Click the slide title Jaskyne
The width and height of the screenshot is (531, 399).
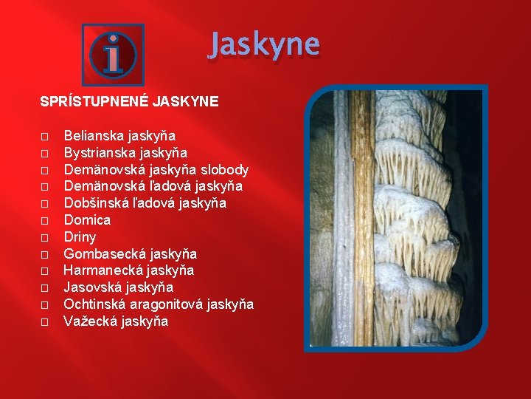264,46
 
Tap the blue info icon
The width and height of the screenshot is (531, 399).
113,53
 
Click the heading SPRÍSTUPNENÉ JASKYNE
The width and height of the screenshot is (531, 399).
129,101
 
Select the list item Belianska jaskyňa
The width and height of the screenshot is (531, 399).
119,136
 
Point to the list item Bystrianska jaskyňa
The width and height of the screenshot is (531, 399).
125,153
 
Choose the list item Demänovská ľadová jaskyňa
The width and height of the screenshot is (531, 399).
153,186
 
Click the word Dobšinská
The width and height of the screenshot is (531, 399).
94,203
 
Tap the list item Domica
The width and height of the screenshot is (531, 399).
87,220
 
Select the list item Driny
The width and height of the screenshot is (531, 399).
80,237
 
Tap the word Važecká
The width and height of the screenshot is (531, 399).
89,321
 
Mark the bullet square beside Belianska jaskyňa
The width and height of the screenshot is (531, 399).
44,137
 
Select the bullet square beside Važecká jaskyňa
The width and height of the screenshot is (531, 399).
44,321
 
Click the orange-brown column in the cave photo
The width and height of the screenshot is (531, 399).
362,222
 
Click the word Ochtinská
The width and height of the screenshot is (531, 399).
93,304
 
